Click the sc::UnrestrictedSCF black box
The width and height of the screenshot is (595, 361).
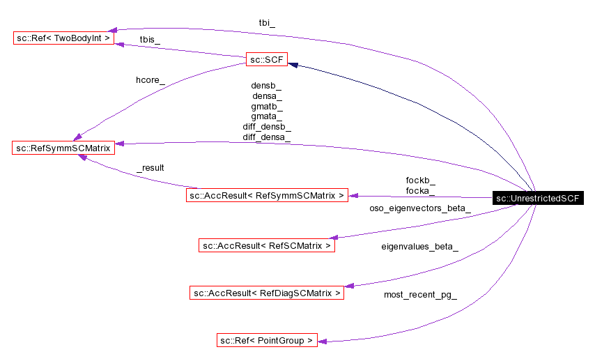pos(536,199)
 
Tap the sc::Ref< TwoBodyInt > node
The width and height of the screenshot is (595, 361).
pos(63,38)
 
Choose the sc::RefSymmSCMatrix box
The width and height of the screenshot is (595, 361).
pos(63,148)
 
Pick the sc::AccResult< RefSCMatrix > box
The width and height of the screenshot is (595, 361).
pos(267,245)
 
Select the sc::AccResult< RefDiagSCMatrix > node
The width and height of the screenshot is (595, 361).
pos(267,293)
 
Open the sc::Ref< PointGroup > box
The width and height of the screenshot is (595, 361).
pos(267,340)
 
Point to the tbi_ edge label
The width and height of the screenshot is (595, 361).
pos(267,22)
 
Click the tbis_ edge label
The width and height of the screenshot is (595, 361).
pos(150,40)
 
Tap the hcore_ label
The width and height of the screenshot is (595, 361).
pos(150,80)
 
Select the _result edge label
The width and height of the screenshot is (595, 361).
pos(150,168)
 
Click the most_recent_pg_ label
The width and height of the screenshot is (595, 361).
pos(420,295)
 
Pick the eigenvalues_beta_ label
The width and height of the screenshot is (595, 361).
pos(419,247)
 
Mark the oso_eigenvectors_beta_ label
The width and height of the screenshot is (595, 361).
pos(419,208)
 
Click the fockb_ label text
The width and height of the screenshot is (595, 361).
pos(420,180)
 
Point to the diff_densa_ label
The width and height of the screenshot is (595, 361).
pos(267,138)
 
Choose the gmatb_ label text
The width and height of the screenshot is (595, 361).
pos(267,107)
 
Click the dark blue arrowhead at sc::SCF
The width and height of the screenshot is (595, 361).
pos(294,65)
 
